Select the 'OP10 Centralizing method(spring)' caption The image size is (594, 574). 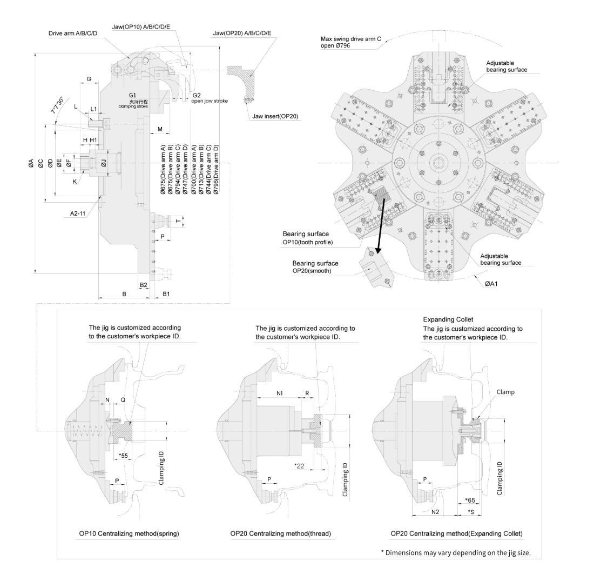pyautogui.click(x=129, y=533)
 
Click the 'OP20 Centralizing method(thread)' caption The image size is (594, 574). pyautogui.click(x=280, y=533)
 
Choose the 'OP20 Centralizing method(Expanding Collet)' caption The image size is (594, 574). pyautogui.click(x=456, y=533)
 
